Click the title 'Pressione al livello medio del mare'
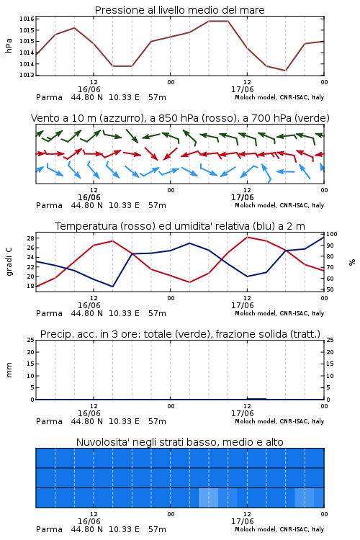(x=179, y=10)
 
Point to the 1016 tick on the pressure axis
(x=27, y=19)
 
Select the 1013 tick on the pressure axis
(x=27, y=75)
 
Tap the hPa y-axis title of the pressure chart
(x=9, y=46)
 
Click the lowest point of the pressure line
(x=285, y=71)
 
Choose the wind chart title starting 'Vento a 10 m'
(x=180, y=118)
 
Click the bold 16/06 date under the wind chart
(x=89, y=198)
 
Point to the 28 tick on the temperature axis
(x=30, y=238)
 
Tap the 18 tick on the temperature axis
(x=30, y=286)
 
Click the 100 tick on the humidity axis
(x=332, y=234)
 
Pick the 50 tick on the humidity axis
(x=330, y=289)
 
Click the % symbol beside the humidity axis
(x=352, y=262)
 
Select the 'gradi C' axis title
(x=9, y=262)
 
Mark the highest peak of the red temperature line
(x=247, y=237)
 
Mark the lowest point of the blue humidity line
(x=112, y=287)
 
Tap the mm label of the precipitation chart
(x=9, y=370)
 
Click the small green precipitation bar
(x=256, y=399)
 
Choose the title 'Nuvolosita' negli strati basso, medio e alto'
(x=179, y=442)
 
